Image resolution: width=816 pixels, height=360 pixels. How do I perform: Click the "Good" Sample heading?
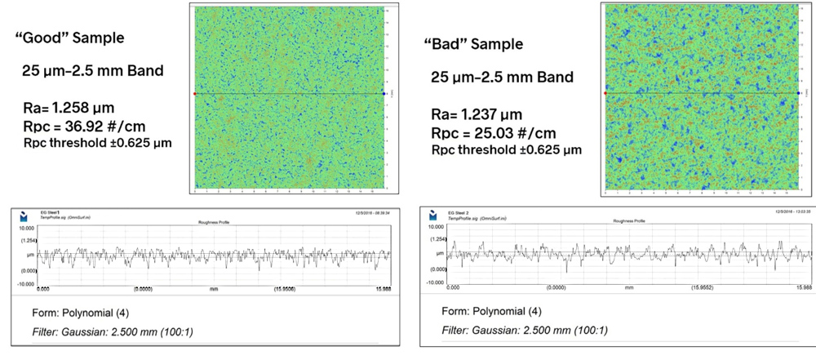[69, 38]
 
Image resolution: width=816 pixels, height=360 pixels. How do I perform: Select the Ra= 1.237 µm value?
[477, 114]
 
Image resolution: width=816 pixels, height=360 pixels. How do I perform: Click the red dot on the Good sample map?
[194, 94]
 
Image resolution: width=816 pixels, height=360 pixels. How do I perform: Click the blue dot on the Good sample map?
[384, 94]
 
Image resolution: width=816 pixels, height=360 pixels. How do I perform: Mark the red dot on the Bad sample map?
[605, 93]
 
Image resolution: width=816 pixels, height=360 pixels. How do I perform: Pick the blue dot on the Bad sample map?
[798, 93]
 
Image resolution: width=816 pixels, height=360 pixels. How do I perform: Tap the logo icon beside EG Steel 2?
[433, 216]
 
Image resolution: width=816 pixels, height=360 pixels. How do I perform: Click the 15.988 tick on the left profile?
[383, 288]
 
